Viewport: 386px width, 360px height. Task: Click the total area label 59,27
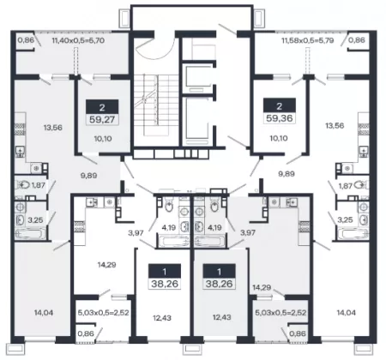102,119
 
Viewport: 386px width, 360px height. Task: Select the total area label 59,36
279,118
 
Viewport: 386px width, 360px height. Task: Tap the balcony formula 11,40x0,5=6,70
78,40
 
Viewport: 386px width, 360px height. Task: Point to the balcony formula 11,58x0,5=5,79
308,40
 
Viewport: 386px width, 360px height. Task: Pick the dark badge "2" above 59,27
102,107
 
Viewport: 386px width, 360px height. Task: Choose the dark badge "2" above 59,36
280,105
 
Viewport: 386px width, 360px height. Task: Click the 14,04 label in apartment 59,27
44,313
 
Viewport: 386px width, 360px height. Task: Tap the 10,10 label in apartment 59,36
279,138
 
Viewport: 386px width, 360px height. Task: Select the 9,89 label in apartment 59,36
286,174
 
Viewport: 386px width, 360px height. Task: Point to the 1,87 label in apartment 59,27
38,185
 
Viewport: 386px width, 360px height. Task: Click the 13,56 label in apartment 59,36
335,125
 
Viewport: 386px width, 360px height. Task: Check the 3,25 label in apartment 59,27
36,220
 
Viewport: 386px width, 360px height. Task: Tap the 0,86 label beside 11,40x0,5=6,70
26,40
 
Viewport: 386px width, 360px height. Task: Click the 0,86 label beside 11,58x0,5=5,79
357,40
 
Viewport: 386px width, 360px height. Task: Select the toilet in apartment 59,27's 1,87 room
22,185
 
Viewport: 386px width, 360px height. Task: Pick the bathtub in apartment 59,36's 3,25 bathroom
353,234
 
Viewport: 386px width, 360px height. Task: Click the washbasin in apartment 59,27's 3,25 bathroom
21,219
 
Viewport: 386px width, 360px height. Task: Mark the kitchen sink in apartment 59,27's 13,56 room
21,151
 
